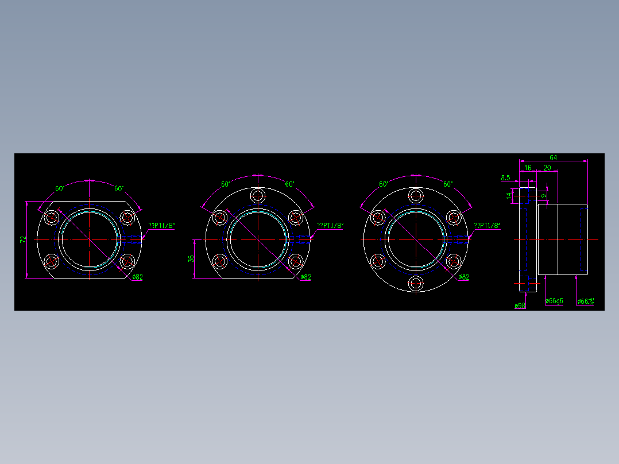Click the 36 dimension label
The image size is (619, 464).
point(192,258)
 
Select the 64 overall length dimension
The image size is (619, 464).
point(554,157)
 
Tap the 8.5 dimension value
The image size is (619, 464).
point(505,178)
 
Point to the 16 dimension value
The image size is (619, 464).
point(528,168)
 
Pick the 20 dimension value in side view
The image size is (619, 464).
point(547,168)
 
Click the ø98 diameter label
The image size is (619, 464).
point(520,306)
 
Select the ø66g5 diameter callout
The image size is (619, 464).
point(554,301)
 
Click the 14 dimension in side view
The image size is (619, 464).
point(509,196)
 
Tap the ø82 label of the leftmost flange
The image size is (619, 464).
point(137,277)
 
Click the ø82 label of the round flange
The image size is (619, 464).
point(464,277)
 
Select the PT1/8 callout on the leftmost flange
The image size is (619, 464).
point(161,226)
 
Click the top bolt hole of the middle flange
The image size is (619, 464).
point(258,196)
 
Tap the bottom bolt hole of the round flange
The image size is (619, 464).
point(416,283)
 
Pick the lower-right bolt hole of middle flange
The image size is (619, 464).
point(296,261)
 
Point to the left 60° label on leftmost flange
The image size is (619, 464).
point(59,188)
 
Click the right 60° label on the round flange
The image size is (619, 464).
point(448,184)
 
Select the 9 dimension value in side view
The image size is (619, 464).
point(543,196)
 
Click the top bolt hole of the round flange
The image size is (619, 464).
point(416,196)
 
